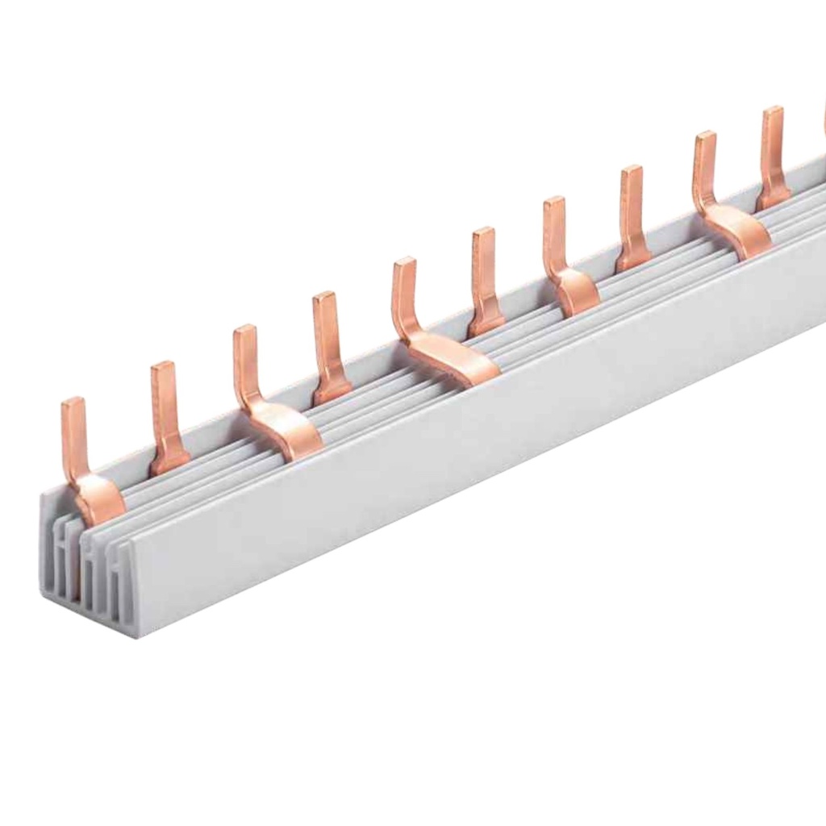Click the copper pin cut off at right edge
(x=823, y=121)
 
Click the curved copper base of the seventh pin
(x=577, y=290)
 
